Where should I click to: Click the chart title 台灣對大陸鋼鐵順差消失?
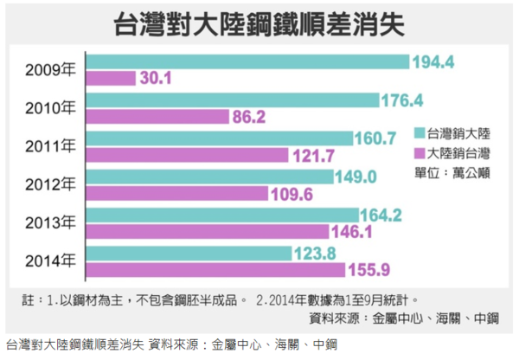point(259,23)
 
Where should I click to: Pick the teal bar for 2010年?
point(234,100)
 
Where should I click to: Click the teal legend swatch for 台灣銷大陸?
point(419,134)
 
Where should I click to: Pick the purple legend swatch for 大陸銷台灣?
point(419,153)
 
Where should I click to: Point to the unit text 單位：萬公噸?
point(457,172)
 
